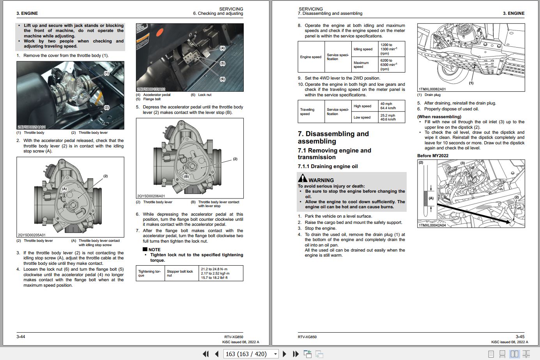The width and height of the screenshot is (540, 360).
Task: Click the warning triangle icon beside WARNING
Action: [x=303, y=178]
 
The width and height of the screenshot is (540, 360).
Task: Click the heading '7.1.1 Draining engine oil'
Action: [x=328, y=167]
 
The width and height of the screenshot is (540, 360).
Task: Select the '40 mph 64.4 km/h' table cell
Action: [x=391, y=106]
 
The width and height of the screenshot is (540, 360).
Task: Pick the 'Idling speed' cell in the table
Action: [x=363, y=49]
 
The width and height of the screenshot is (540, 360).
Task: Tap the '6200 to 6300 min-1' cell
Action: [x=391, y=64]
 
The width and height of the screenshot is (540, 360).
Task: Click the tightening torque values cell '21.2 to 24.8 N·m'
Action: [x=221, y=273]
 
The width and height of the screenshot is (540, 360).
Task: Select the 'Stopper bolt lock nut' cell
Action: [x=182, y=273]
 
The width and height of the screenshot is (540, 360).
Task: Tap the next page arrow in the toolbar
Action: [x=285, y=354]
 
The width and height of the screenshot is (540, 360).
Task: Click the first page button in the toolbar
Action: [x=205, y=354]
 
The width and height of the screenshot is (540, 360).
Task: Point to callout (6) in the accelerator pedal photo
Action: [x=222, y=79]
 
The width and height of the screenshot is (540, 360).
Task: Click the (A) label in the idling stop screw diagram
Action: [x=64, y=189]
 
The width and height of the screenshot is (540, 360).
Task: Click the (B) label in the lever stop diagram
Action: [x=186, y=177]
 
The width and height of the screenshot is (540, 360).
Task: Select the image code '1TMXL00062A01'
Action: [x=432, y=89]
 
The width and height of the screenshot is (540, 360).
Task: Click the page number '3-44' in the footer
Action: [x=21, y=337]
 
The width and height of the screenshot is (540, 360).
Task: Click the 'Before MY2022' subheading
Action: [x=433, y=156]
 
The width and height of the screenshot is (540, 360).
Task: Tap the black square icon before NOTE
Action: [x=145, y=249]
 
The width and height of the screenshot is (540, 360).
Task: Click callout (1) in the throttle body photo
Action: [x=106, y=73]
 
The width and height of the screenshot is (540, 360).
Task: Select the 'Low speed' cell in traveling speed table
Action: [x=362, y=117]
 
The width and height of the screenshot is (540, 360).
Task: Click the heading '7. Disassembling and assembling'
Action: [x=333, y=137]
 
